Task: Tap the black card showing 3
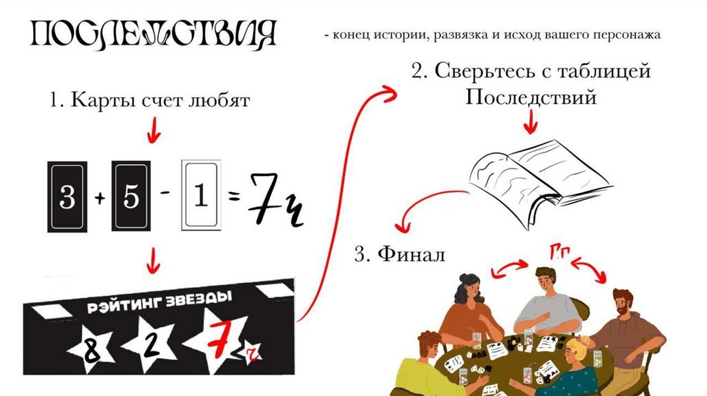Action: pyautogui.click(x=66, y=197)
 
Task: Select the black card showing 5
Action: pyautogui.click(x=131, y=197)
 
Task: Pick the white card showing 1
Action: pyautogui.click(x=200, y=197)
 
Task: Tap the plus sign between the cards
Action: pyautogui.click(x=99, y=199)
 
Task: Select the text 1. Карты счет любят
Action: pyautogui.click(x=149, y=101)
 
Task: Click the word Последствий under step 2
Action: pyautogui.click(x=530, y=97)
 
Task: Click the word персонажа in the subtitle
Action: pyautogui.click(x=629, y=34)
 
